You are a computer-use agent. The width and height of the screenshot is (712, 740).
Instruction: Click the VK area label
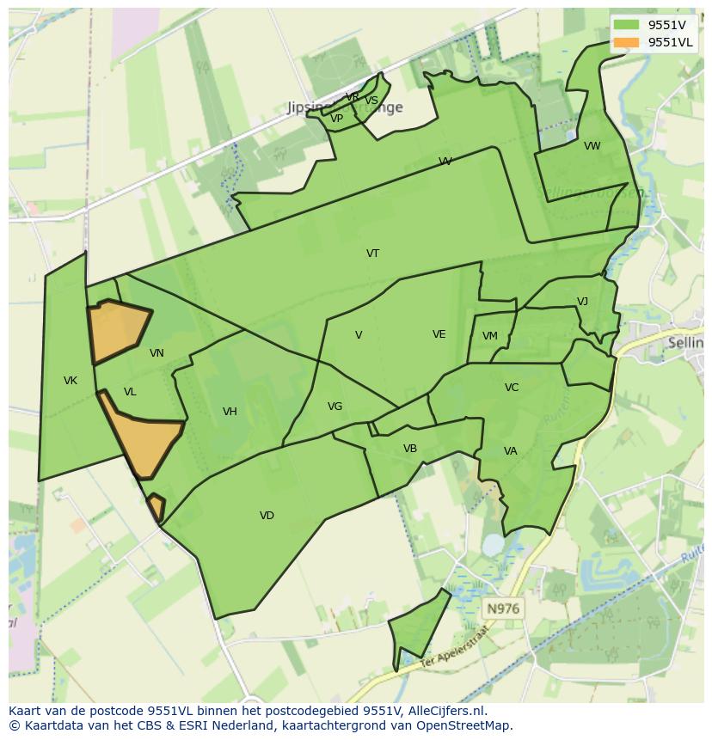pyautogui.click(x=71, y=381)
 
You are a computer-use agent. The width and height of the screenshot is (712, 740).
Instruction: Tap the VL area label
pyautogui.click(x=130, y=392)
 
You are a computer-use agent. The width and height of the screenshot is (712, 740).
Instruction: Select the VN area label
pyautogui.click(x=157, y=353)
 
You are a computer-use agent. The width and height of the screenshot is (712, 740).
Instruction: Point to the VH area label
pyautogui.click(x=230, y=412)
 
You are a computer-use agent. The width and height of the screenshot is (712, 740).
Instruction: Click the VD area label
pyautogui.click(x=267, y=516)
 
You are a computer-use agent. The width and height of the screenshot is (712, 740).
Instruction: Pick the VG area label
pyautogui.click(x=335, y=407)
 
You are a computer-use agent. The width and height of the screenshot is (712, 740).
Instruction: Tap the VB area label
pyautogui.click(x=410, y=449)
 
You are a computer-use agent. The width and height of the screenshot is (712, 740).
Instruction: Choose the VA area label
pyautogui.click(x=511, y=451)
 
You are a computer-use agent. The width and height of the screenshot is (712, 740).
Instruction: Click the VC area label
pyautogui.click(x=512, y=388)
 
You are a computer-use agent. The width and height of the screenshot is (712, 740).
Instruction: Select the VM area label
pyautogui.click(x=490, y=336)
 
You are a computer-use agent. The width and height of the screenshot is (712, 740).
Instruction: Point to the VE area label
pyautogui.click(x=439, y=334)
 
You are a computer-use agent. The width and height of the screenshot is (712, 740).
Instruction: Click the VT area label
pyautogui.click(x=372, y=254)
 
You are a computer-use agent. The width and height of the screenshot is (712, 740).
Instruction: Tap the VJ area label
pyautogui.click(x=582, y=302)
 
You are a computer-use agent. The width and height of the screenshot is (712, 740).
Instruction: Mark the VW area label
pyautogui.click(x=592, y=146)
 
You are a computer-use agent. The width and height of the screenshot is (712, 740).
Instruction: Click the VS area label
pyautogui.click(x=371, y=101)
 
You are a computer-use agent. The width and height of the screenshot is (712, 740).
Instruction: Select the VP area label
pyautogui.click(x=337, y=119)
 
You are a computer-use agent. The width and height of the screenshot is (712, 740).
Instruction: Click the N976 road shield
pyautogui.click(x=503, y=609)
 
